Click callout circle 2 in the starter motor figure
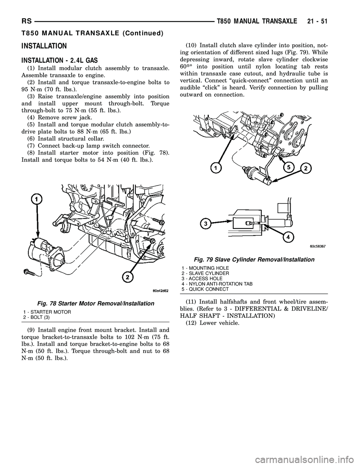tap(127, 277)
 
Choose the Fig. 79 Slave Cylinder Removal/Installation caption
tap(254, 260)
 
